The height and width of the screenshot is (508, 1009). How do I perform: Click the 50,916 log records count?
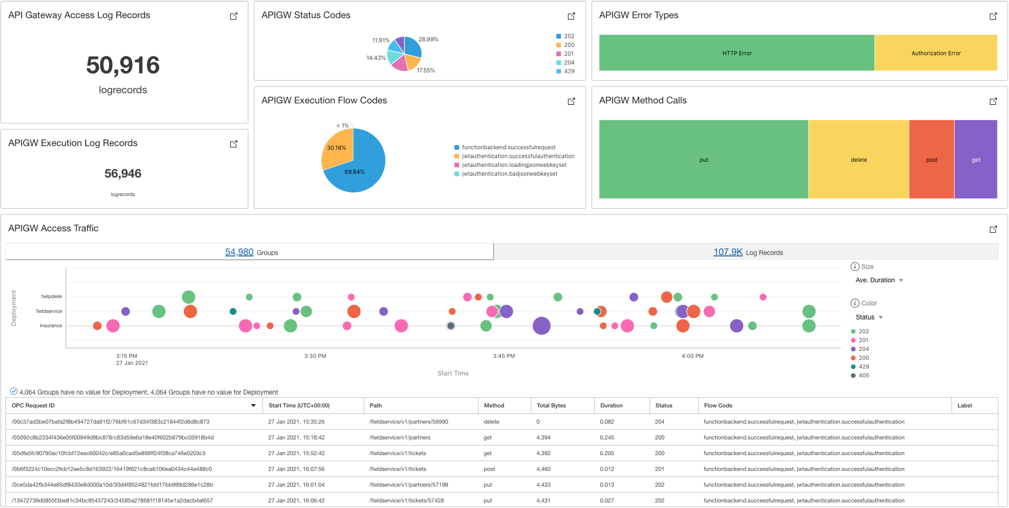pos(123,66)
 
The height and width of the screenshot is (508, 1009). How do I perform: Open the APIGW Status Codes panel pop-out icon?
pos(571,16)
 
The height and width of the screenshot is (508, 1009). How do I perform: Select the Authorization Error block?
pos(936,53)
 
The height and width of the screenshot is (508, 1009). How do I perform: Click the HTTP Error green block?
pos(736,53)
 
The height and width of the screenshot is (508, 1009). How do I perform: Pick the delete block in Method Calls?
pos(858,160)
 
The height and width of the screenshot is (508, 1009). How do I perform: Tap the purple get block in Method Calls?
pos(976,160)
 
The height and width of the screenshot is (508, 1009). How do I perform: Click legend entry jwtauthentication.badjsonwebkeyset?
pos(509,174)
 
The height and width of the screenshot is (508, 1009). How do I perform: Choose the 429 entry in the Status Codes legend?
pos(569,71)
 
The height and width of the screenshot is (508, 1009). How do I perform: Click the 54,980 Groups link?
pos(239,252)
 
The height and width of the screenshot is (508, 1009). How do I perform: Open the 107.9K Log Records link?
pos(728,252)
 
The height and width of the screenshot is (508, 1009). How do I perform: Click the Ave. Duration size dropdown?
pos(879,280)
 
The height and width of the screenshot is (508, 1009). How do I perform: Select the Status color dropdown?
pos(869,317)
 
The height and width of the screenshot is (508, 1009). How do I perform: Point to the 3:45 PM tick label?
pos(503,356)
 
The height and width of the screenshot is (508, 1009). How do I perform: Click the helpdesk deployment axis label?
pos(51,296)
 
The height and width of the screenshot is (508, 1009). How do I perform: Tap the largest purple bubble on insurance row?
pos(541,326)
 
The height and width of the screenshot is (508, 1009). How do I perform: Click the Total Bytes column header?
pos(551,405)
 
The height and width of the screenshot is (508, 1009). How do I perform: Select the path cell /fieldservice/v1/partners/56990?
pos(408,422)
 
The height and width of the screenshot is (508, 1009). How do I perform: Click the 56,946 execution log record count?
pos(123,174)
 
